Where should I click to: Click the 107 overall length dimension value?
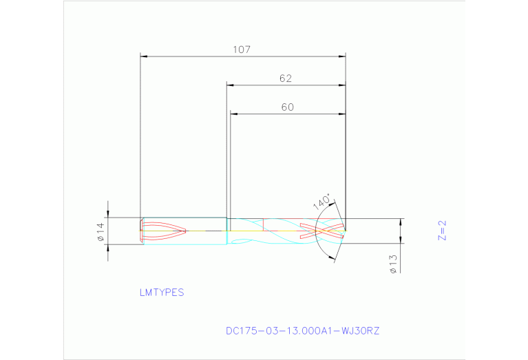point(241,50)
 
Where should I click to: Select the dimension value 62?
point(286,78)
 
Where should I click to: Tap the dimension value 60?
point(287,107)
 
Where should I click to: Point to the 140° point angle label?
point(322,203)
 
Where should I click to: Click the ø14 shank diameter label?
point(100,231)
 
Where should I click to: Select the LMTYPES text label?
point(162,293)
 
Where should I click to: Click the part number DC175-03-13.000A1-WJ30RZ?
point(302,331)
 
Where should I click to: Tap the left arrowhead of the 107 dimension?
point(144,56)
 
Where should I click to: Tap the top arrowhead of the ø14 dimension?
point(107,214)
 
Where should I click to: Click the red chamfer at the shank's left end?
point(142,231)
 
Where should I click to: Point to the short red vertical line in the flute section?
point(264,224)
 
